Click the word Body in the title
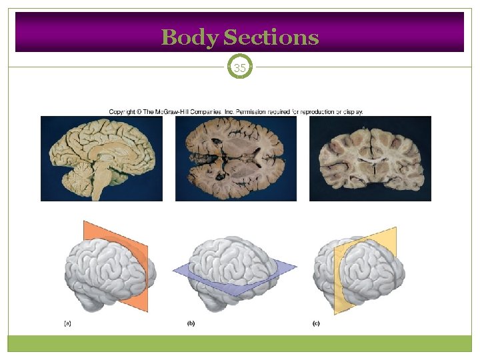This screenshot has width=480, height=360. click(190, 37)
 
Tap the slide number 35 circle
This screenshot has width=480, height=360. click(240, 67)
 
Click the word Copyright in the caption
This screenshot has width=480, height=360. click(124, 111)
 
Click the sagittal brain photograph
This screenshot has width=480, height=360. click(101, 158)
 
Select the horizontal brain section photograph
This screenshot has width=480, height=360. click(236, 158)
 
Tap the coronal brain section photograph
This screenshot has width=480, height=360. click(370, 158)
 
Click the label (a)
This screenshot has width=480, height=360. click(67, 323)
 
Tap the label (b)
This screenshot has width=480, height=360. click(191, 323)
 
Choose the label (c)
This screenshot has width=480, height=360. click(315, 323)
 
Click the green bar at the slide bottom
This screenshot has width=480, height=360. click(240, 343)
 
